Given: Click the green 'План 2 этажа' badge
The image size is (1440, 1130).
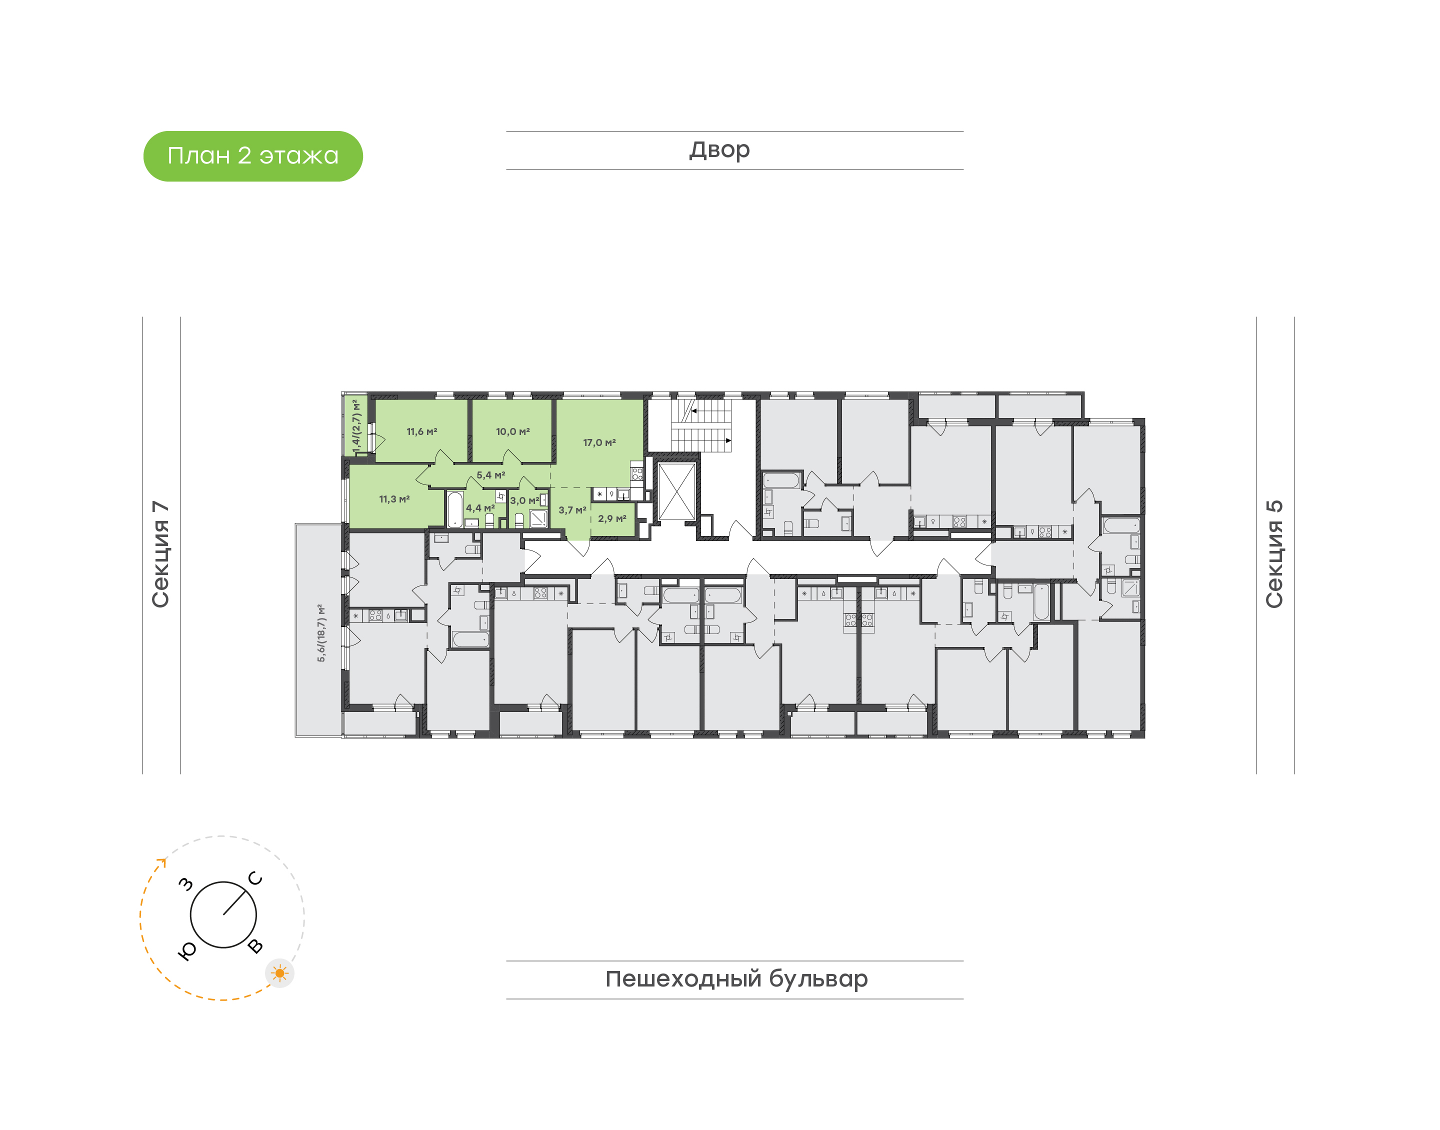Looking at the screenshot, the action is click(x=252, y=156).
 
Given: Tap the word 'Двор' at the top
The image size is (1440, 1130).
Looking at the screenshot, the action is click(x=719, y=150).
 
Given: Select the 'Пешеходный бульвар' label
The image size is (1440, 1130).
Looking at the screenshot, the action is click(x=736, y=979).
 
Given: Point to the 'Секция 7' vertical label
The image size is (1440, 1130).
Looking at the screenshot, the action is click(x=160, y=554).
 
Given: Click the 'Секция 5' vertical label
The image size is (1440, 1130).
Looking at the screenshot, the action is click(x=1274, y=554).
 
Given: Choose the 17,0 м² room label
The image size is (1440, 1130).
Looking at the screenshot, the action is click(x=599, y=442).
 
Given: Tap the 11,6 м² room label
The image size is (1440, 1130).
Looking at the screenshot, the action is click(x=422, y=432).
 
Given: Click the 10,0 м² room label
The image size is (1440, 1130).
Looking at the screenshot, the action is click(x=512, y=432).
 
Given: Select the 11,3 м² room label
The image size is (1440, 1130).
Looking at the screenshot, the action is click(x=394, y=499).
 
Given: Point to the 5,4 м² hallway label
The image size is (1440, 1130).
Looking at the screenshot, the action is click(x=491, y=475).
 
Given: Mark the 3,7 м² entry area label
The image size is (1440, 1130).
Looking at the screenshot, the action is click(x=572, y=510).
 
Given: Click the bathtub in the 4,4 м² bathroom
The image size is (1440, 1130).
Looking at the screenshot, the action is click(x=455, y=509).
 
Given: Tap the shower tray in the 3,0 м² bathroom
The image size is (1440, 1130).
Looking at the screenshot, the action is click(x=538, y=518).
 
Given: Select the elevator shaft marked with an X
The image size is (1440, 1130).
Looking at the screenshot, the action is click(x=676, y=491).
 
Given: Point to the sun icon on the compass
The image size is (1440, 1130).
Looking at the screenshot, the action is click(x=280, y=973).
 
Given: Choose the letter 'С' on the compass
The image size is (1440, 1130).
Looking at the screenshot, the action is click(x=255, y=878).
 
